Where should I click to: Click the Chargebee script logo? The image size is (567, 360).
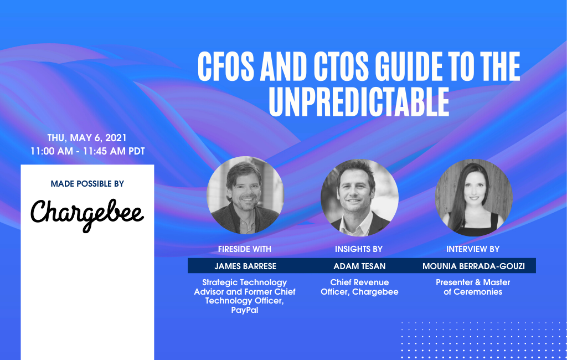87,213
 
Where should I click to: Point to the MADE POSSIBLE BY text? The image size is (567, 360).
87,183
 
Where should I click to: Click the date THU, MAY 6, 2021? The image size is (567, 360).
87,138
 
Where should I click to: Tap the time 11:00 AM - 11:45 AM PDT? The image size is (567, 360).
87,151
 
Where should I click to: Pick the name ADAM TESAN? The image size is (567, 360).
359,266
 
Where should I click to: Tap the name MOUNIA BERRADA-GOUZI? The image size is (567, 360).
473,266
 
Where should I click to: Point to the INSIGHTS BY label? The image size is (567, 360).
359,249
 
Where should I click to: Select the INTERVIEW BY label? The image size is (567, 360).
473,249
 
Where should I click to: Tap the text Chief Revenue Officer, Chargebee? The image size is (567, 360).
359,287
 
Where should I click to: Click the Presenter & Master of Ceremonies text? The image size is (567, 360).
473,287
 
